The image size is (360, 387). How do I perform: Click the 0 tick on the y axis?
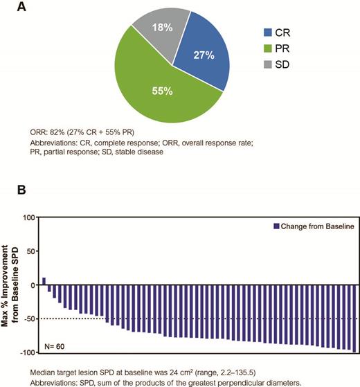click(31, 285)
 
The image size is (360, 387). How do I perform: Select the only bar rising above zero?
click(44, 281)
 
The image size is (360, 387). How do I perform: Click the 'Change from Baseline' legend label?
click(317, 225)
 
